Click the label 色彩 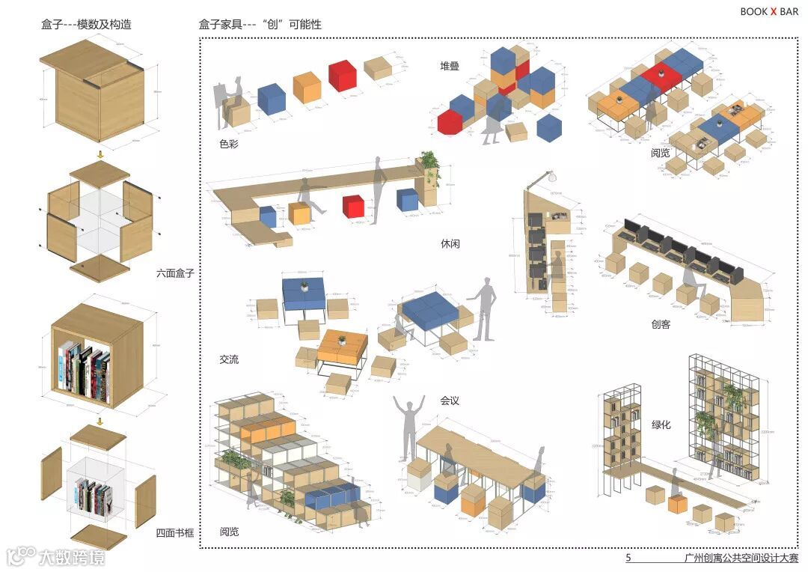pyautogui.click(x=229, y=144)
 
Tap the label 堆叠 pyautogui.click(x=450, y=66)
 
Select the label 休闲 pyautogui.click(x=450, y=244)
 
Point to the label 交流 pyautogui.click(x=229, y=359)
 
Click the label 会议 pyautogui.click(x=450, y=401)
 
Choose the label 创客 pyautogui.click(x=661, y=324)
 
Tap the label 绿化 pyautogui.click(x=661, y=425)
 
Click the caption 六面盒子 pyautogui.click(x=175, y=273)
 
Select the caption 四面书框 pyautogui.click(x=175, y=533)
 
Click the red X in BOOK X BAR pyautogui.click(x=774, y=11)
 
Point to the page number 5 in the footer pyautogui.click(x=628, y=558)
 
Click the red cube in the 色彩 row pyautogui.click(x=342, y=76)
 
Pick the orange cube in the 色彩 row pyautogui.click(x=307, y=87)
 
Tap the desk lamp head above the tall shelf pyautogui.click(x=551, y=177)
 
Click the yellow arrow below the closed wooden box pyautogui.click(x=100, y=155)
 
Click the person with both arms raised pyautogui.click(x=410, y=427)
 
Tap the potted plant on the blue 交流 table pyautogui.click(x=305, y=286)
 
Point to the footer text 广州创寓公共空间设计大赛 pyautogui.click(x=741, y=558)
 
